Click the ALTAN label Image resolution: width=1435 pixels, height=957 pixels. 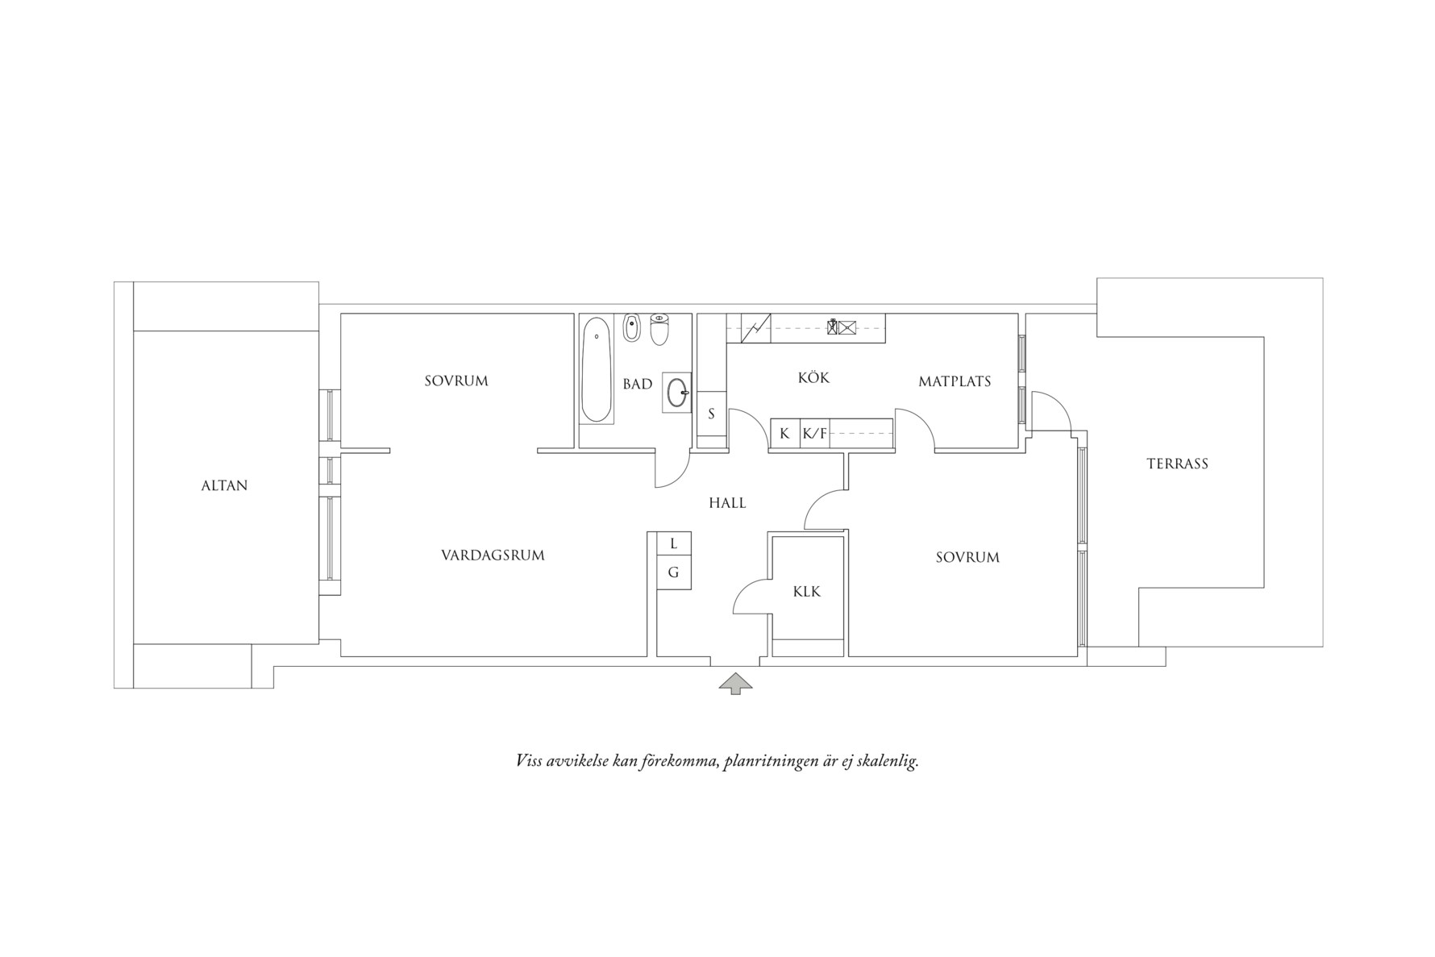[x=224, y=485]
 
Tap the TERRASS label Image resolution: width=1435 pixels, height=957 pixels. [x=1177, y=464]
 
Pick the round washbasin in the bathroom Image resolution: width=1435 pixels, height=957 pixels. [x=677, y=393]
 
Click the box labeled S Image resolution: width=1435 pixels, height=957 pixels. [x=711, y=414]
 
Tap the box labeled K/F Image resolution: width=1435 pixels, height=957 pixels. [x=814, y=434]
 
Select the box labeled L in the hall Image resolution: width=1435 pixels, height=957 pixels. [x=673, y=544]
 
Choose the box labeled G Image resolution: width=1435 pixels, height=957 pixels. [x=673, y=573]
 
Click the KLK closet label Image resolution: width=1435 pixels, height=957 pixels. [x=806, y=592]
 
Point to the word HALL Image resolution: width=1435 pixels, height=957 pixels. [x=727, y=503]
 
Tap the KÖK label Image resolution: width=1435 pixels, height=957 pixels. [x=813, y=377]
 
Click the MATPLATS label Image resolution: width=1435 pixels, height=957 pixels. [x=955, y=381]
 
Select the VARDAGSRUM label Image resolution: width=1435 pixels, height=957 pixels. [x=493, y=555]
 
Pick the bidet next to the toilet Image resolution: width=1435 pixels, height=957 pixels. [x=631, y=328]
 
